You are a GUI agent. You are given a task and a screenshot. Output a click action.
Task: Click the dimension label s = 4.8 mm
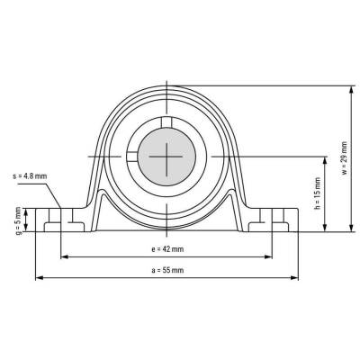click(30, 176)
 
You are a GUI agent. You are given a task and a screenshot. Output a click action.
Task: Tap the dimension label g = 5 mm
click(19, 220)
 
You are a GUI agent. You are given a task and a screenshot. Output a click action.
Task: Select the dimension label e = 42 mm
click(167, 249)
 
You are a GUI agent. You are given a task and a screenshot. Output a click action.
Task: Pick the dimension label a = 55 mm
click(167, 270)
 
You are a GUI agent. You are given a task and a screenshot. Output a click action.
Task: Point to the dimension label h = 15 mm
click(318, 193)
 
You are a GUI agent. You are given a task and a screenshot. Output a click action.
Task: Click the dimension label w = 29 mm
click(345, 157)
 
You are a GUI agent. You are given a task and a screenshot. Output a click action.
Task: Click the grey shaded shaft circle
click(166, 157)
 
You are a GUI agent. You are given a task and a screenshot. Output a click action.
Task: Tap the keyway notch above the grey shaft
click(166, 121)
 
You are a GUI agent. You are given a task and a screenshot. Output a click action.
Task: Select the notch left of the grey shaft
click(132, 157)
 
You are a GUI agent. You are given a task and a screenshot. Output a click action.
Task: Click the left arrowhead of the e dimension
click(65, 256)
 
